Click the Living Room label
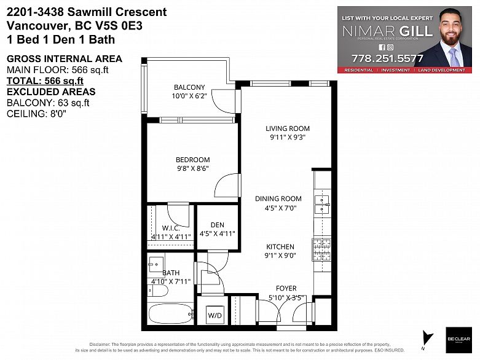pos(288,128)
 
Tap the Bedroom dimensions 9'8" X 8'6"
pos(193,169)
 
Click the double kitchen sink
pos(321,203)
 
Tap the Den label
pos(217,225)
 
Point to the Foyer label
pos(285,288)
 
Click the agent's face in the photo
pos(451,32)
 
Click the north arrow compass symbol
pos(425,337)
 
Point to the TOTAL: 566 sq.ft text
pos(45,80)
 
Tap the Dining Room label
pos(278,198)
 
